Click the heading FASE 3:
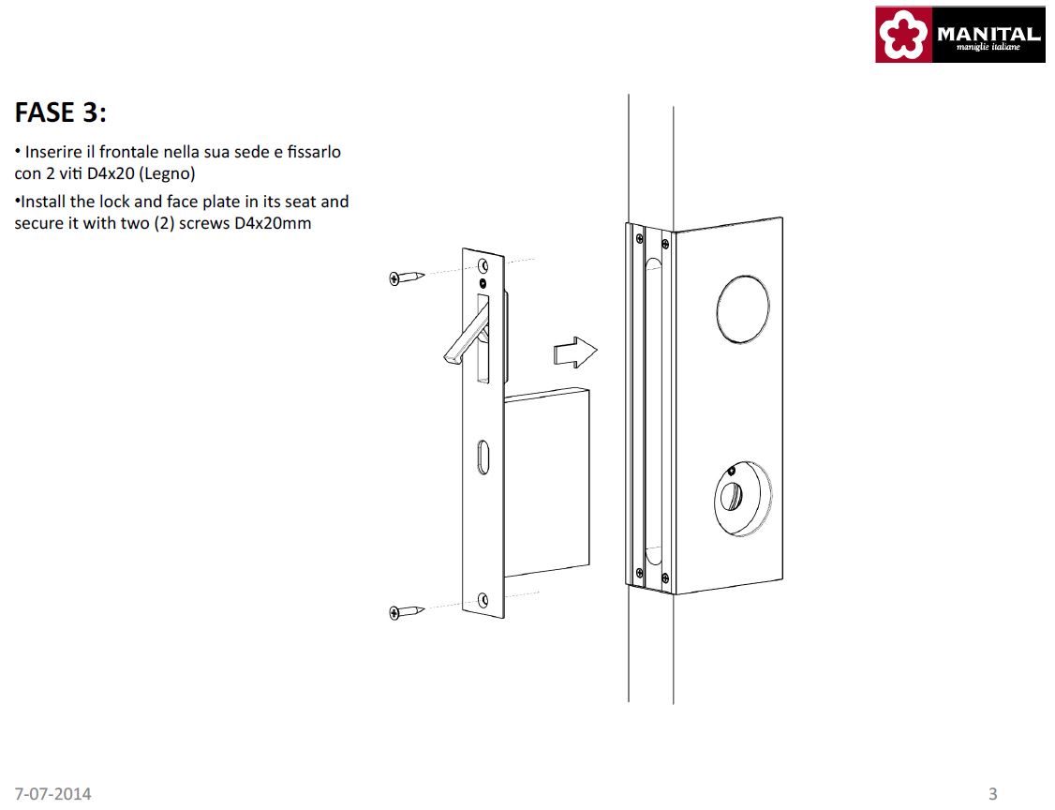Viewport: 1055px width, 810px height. tap(61, 112)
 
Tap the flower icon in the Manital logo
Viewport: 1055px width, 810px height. tap(903, 36)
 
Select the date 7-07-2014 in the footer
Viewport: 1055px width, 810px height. tap(53, 794)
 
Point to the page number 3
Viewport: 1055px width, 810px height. tap(992, 794)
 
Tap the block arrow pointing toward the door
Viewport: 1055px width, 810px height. tap(574, 352)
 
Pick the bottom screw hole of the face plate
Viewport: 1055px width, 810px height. tap(483, 599)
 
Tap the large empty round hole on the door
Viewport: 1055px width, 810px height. tap(742, 307)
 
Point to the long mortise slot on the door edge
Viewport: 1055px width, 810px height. tap(652, 403)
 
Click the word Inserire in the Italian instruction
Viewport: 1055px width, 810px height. tap(53, 152)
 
